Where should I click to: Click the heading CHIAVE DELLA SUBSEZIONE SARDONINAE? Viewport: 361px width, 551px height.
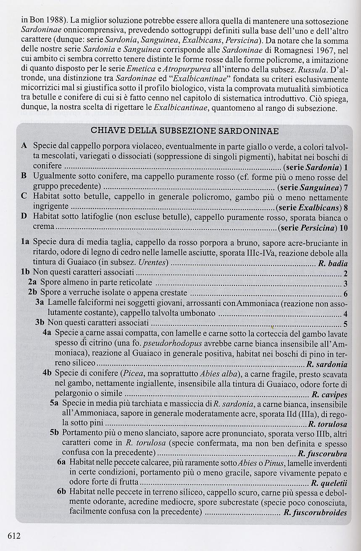tap(184, 131)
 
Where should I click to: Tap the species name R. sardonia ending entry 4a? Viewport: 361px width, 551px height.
tap(327, 365)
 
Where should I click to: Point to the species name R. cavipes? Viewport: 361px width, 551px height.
tap(329, 395)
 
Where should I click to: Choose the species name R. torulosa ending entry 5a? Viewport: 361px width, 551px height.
tap(328, 424)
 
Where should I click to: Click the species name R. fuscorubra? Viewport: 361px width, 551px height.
tap(322, 454)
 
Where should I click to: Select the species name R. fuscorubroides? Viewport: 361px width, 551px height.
tap(315, 513)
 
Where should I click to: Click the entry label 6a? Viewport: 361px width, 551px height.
tap(62, 462)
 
